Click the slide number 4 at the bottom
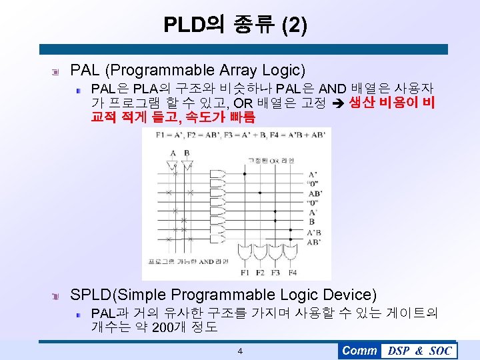click(240, 351)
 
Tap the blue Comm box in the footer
click(359, 351)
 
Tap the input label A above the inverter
click(173, 153)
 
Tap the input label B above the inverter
click(187, 153)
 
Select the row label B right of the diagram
click(311, 222)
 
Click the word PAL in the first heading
click(84, 70)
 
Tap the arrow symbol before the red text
click(337, 103)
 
